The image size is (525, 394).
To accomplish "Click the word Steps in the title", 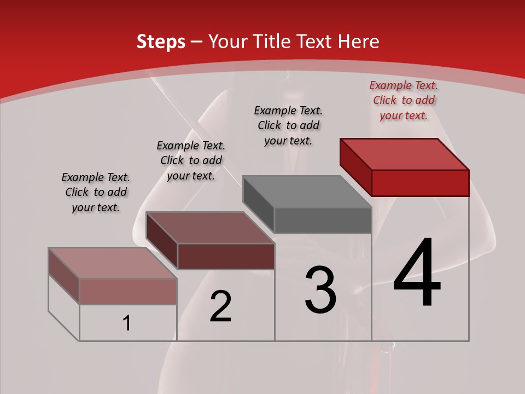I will tap(161, 42).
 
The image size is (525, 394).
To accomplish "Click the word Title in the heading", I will tap(273, 42).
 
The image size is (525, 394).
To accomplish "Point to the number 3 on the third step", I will tap(320, 290).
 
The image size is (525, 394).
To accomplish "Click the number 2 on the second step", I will tap(220, 306).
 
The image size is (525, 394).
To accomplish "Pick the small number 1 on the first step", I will tap(127, 323).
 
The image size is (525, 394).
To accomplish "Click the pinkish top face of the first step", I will tap(113, 263).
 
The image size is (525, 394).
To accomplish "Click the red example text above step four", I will tap(404, 100).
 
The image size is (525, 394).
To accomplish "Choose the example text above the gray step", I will tap(288, 125).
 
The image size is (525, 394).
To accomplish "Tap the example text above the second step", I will tap(191, 160).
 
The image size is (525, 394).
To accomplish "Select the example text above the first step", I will tap(96, 192).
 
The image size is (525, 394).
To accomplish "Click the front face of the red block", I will tap(420, 183).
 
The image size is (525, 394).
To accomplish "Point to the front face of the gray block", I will tap(323, 221).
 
